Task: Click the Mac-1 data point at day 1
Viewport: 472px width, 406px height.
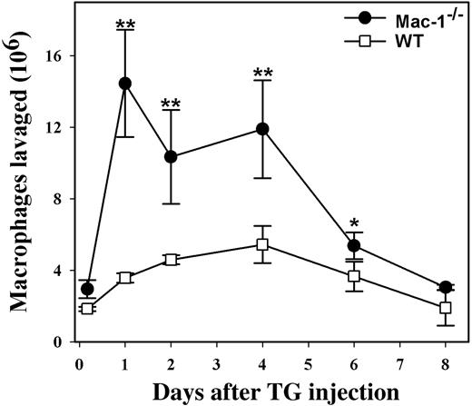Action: coord(125,84)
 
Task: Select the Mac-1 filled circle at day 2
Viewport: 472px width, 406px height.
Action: coord(171,157)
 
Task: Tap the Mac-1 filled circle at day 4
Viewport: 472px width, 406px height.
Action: coord(262,129)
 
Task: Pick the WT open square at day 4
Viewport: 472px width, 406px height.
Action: coord(262,244)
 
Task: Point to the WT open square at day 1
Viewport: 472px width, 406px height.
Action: coord(125,278)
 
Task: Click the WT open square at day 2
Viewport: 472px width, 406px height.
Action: coord(171,260)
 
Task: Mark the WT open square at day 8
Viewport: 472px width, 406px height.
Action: coord(445,308)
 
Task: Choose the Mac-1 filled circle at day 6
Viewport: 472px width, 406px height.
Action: coord(354,246)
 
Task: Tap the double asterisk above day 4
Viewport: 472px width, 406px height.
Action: coord(262,72)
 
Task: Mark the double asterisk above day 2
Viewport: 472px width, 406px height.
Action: coord(171,103)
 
